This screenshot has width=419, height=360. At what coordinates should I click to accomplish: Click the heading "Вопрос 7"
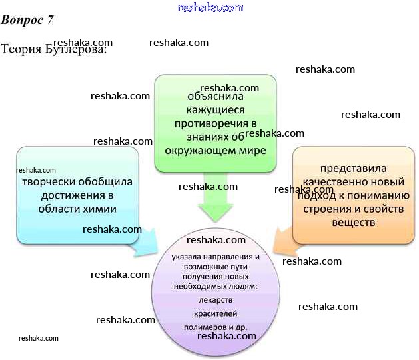coord(27,19)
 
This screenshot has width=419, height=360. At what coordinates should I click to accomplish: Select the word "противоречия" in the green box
coord(206,123)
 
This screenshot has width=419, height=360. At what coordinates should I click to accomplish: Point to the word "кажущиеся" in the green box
coord(207,110)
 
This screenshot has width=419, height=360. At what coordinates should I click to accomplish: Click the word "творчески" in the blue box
coord(48,182)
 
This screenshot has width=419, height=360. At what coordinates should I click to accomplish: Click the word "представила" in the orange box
coord(353,169)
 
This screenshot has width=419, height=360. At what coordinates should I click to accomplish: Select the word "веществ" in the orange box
coord(353,221)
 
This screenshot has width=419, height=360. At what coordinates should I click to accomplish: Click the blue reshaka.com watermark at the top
coord(210,7)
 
